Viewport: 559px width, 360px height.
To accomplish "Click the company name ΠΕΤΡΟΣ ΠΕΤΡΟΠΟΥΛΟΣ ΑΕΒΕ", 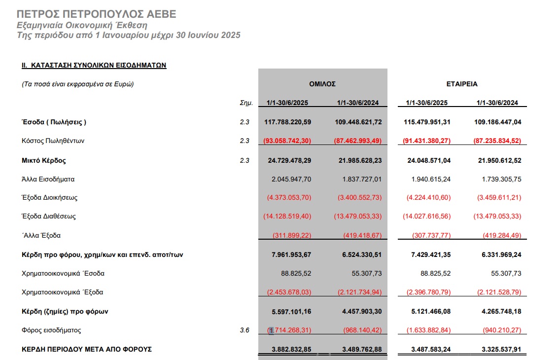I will click(96, 14).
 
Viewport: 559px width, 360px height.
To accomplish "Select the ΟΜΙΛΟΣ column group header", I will click(322, 84).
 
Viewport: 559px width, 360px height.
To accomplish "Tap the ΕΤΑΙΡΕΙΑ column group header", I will click(462, 84).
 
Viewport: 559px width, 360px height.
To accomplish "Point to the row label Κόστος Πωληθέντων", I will click(53, 141).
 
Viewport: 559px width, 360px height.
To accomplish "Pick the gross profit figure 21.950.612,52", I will click(498, 160).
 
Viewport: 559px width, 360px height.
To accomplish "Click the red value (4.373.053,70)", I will click(289, 198).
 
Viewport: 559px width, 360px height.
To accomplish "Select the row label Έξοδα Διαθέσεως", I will click(48, 216).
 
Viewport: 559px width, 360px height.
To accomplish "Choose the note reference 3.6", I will click(245, 330).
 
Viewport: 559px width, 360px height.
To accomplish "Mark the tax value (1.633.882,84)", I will click(428, 330).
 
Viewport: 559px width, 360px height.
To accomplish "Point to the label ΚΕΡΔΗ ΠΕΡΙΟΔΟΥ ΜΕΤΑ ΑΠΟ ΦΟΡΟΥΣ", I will click(87, 349).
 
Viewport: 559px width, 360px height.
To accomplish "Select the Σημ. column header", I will click(245, 103).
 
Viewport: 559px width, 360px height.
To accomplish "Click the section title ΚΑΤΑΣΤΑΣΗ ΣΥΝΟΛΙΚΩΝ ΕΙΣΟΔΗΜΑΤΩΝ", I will click(93, 65).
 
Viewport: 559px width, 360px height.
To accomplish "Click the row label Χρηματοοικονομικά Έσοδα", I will click(63, 273).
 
